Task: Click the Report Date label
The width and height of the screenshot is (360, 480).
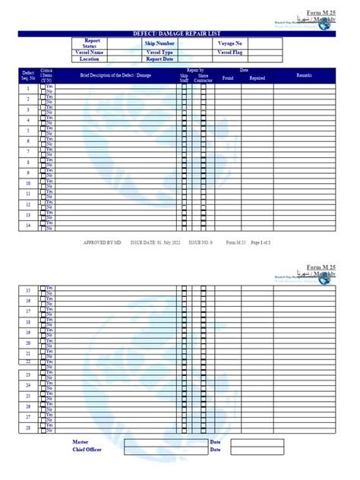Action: pos(159,58)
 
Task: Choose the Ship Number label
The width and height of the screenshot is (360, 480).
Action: pos(159,44)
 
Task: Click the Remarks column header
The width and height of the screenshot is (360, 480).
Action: pos(304,76)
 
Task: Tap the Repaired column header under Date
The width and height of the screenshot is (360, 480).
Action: pos(257,78)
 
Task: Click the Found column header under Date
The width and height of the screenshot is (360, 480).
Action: pos(228,78)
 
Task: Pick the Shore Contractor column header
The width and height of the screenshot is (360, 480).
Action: pos(204,77)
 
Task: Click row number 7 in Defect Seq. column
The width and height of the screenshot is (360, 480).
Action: pos(29,151)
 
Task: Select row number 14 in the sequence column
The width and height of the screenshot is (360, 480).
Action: pos(29,226)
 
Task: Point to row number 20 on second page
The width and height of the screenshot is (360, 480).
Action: pos(29,343)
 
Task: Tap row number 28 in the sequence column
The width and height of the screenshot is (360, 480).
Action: pos(29,428)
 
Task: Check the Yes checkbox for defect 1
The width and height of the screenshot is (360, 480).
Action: pos(43,85)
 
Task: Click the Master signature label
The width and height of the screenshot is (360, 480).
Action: pos(81,441)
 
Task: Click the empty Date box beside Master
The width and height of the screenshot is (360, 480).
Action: pos(257,441)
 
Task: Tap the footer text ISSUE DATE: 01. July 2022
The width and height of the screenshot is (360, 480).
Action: pos(156,242)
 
